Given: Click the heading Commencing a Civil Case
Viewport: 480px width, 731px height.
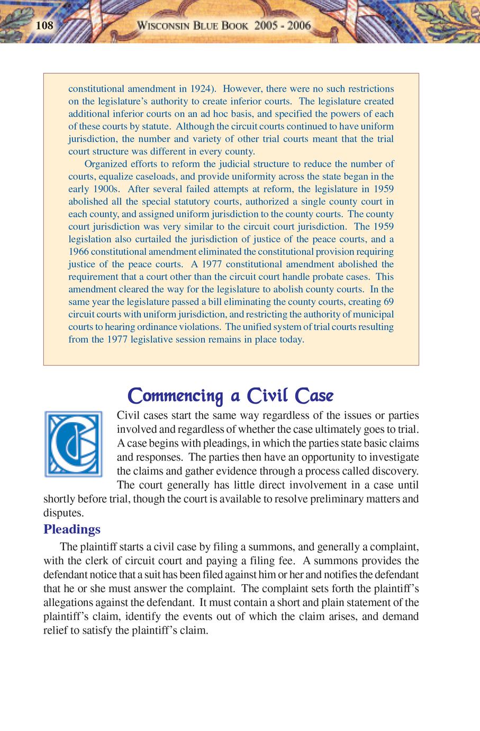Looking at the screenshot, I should click(231, 396).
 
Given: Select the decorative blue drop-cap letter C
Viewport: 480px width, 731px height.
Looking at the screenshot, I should click(74, 444).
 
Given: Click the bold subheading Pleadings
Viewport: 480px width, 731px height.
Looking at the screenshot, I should click(72, 529).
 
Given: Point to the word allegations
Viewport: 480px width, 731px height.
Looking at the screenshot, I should click(67, 602).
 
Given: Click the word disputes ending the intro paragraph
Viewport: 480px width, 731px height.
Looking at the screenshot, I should click(62, 513).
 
